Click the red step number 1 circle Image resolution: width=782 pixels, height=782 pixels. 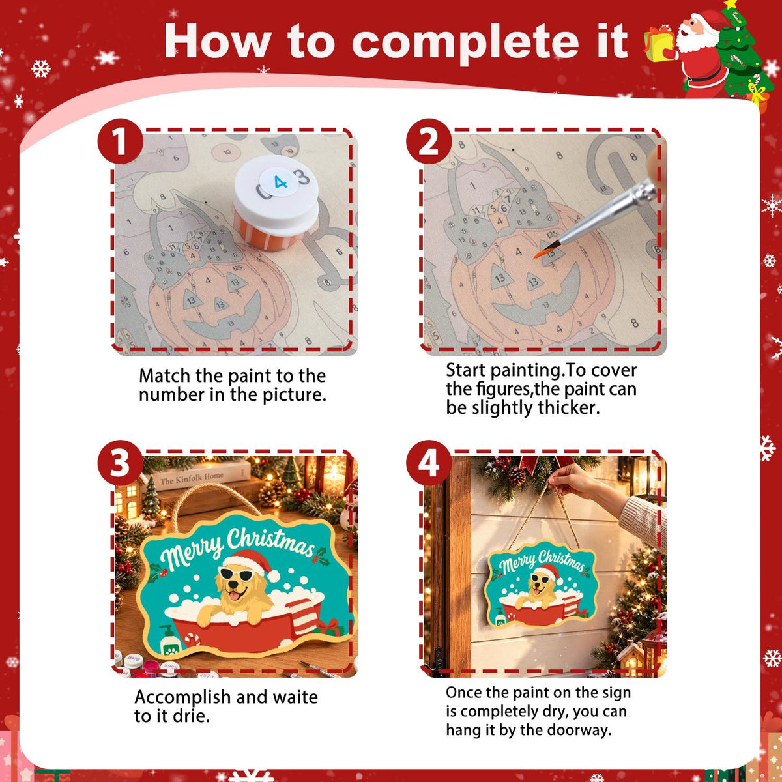[121, 141]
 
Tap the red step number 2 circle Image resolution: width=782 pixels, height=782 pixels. [429, 141]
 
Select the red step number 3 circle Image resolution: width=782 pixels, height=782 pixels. [121, 463]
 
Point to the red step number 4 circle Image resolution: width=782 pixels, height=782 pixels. [429, 463]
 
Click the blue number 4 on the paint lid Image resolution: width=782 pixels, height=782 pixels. [280, 182]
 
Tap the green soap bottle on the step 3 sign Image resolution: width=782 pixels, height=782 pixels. [168, 641]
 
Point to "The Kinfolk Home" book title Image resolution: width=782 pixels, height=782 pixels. [192, 478]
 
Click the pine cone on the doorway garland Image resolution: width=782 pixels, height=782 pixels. [515, 476]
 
